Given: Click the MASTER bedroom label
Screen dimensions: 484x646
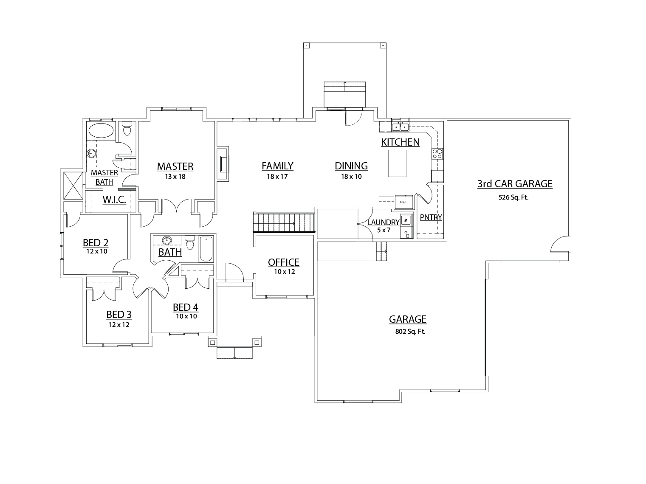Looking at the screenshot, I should (175, 166).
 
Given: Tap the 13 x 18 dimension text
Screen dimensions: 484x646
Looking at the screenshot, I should (175, 177).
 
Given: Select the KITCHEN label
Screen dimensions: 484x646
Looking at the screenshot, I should (400, 142).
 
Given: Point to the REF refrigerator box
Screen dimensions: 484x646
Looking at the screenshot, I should (403, 202).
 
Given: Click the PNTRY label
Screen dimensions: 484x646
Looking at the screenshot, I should (431, 217).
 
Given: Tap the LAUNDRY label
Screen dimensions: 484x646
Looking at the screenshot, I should (383, 222).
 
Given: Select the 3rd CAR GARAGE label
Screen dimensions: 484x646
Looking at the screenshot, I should (515, 184).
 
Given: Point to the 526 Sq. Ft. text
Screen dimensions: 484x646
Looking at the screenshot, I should (514, 197).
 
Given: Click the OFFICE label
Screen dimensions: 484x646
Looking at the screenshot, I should (283, 262).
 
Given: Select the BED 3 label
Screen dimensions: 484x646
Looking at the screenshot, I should (119, 315).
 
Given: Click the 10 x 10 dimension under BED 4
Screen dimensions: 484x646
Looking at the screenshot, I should (186, 316).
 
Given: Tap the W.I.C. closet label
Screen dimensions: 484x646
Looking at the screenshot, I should (114, 199).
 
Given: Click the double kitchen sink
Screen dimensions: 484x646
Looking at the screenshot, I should (400, 127).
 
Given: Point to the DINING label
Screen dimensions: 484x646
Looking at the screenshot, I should (351, 166).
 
